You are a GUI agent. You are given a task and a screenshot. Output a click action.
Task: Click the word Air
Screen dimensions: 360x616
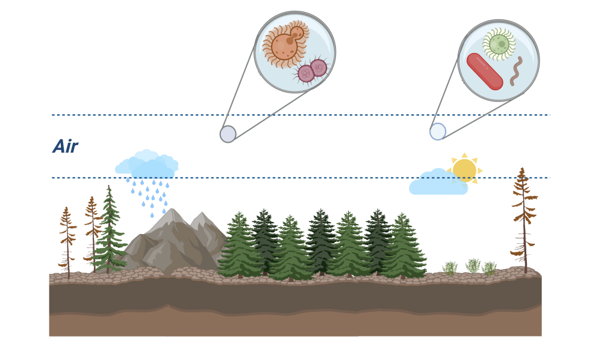click(65, 147)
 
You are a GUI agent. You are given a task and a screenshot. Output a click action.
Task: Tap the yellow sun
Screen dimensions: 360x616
click(464, 170)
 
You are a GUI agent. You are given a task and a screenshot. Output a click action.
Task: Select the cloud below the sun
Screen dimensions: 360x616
click(438, 184)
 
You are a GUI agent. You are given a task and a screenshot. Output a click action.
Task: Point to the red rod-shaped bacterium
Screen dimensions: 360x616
click(485, 72)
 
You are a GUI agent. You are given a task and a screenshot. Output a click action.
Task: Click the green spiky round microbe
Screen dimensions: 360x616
click(499, 44)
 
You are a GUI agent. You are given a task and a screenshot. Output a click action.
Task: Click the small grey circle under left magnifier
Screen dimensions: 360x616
click(228, 134)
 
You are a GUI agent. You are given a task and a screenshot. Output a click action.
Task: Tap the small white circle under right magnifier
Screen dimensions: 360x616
click(438, 131)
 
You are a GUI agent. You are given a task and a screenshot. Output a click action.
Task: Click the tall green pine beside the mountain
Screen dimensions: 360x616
click(109, 232)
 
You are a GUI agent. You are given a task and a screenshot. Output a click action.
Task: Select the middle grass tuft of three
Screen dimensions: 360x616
click(473, 266)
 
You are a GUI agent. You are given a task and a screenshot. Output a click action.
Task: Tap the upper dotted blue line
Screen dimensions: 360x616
click(301, 114)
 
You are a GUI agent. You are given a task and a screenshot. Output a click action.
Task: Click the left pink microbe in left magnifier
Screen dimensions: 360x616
click(306, 73)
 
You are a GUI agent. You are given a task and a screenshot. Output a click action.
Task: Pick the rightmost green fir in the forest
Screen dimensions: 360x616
click(402, 247)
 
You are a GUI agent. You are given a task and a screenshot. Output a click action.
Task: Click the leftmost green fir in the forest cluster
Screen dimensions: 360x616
click(240, 247)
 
